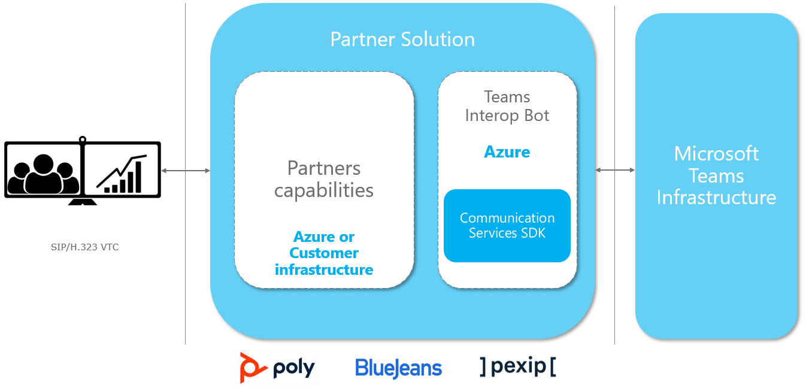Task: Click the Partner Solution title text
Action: pos(402,40)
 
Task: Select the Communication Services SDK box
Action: pos(507,226)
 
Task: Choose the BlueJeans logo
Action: pos(398,368)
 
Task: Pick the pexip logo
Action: pos(518,366)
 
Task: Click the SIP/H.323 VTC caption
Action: pos(85,247)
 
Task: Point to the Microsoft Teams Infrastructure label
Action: pos(716,175)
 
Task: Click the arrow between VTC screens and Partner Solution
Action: pos(186,171)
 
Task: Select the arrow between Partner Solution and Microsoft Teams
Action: pos(615,171)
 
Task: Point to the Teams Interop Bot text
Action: pos(507,106)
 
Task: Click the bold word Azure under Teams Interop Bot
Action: pos(507,152)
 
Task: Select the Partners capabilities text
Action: pos(324,179)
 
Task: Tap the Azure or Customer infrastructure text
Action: pos(324,253)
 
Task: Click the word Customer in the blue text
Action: pos(324,253)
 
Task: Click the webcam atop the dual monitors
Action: pos(83,140)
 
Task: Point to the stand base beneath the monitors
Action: pos(83,202)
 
